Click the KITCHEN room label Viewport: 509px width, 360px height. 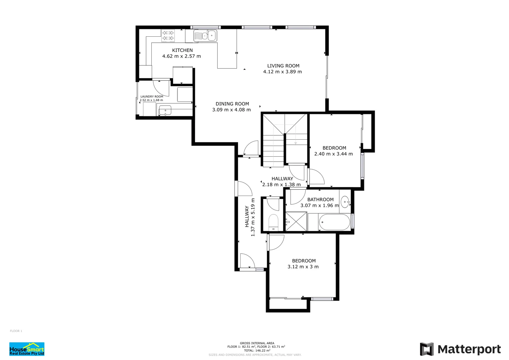[182, 50]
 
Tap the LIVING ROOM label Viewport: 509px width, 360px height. [283, 66]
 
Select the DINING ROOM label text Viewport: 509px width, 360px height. [232, 104]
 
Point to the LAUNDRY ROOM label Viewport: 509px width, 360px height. [152, 97]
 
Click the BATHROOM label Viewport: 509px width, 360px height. [320, 200]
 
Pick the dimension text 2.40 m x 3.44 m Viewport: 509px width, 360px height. [333, 154]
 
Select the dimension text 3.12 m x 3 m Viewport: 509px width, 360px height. [303, 267]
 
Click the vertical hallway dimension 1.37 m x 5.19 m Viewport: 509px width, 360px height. [253, 217]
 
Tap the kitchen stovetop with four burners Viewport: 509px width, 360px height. [168, 36]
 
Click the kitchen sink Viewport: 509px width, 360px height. [205, 36]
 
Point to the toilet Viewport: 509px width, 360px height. [273, 222]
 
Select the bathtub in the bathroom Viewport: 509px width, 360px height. [334, 222]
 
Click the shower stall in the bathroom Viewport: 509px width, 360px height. [296, 221]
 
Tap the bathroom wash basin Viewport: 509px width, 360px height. [345, 202]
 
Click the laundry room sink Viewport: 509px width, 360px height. [165, 110]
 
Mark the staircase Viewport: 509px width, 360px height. [284, 140]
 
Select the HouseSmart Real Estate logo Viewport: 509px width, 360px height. [27, 349]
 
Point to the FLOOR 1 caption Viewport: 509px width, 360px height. [16, 331]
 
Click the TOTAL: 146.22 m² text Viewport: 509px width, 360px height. [257, 351]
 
